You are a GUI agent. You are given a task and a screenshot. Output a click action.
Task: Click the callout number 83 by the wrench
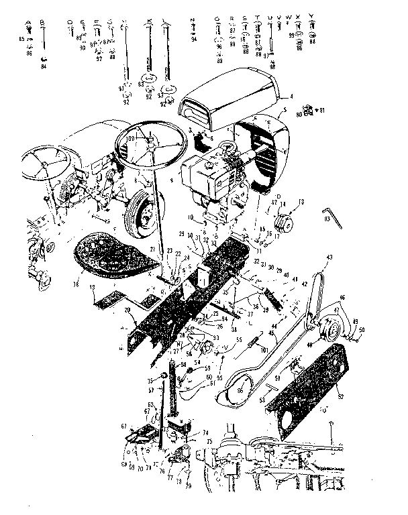tap(327, 219)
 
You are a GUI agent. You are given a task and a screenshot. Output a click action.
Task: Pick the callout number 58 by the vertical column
tap(182, 364)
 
